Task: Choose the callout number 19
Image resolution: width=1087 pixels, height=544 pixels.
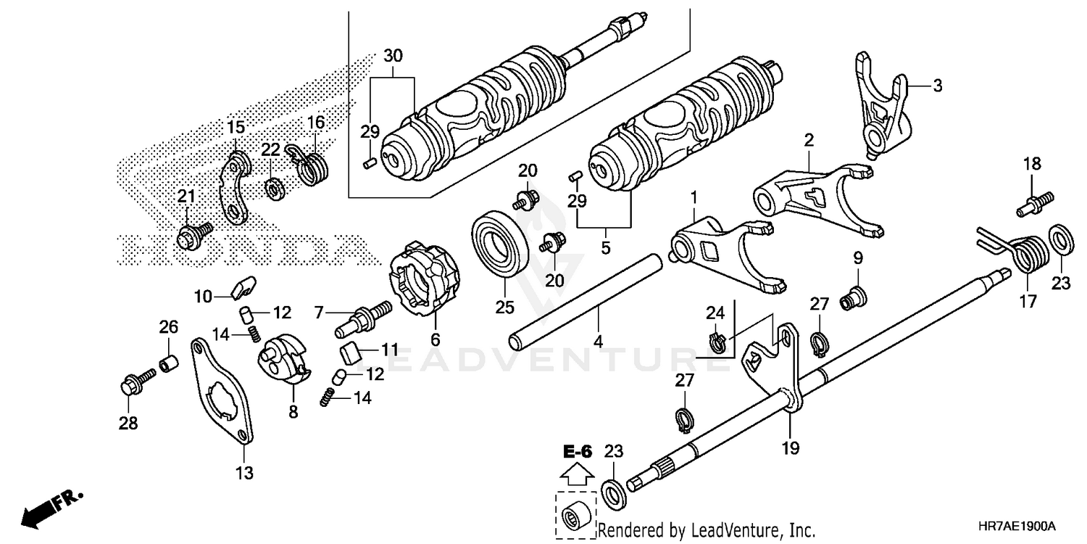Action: [x=791, y=449]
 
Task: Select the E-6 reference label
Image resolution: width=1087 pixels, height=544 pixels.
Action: [x=578, y=452]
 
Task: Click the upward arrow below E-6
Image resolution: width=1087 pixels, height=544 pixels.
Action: [x=578, y=475]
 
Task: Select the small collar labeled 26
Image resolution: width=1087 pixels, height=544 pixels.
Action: [x=168, y=362]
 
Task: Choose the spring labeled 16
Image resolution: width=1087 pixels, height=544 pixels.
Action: [x=313, y=167]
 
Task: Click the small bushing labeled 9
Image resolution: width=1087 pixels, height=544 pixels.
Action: [x=854, y=297]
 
